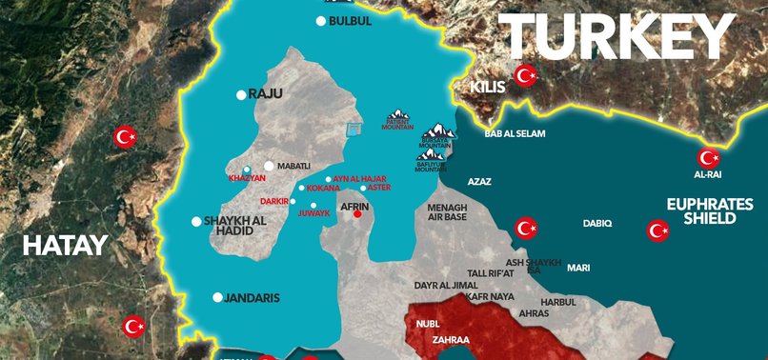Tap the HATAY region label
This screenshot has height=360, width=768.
[x=65, y=246]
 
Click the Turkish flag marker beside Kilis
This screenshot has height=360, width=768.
[x=525, y=75]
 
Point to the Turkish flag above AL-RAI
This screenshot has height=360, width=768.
[x=708, y=158]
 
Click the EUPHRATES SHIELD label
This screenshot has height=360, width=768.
[x=701, y=210]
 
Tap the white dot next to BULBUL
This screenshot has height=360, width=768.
[x=321, y=21]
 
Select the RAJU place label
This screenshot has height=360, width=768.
[x=266, y=94]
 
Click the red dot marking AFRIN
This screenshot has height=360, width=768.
[x=357, y=214]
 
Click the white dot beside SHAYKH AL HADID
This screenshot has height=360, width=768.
[x=196, y=222]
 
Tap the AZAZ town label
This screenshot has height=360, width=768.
[x=479, y=181]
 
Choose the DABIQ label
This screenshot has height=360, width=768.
[x=597, y=223]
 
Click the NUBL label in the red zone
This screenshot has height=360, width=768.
[x=428, y=324]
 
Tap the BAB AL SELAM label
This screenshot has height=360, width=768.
[x=515, y=134]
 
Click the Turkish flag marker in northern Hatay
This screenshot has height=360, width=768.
[x=125, y=137]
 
